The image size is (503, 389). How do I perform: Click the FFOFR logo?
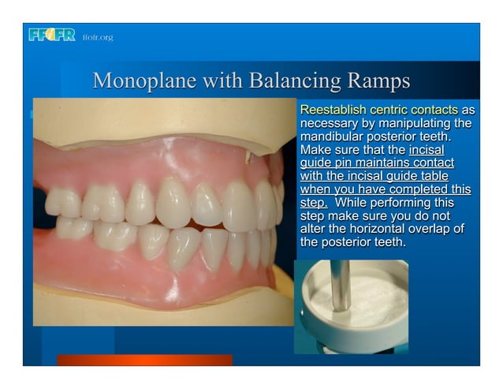point(51,35)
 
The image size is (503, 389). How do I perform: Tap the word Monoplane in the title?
point(143,81)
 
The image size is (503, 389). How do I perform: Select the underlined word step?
point(315,203)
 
